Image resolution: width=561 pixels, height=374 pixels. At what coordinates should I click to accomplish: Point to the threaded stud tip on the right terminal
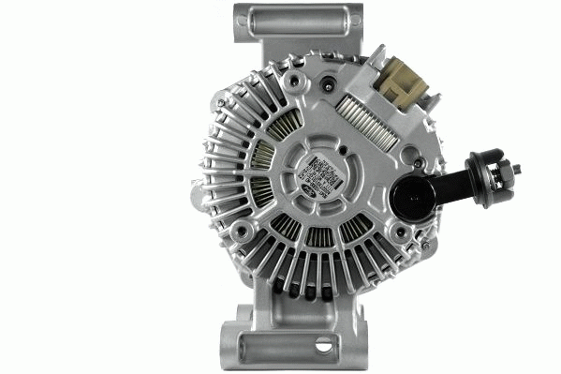click(x=516, y=170)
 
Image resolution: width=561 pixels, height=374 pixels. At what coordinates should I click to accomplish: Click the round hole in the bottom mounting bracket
click(x=323, y=344)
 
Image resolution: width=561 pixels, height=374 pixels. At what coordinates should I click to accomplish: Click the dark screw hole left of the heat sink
click(x=328, y=85)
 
